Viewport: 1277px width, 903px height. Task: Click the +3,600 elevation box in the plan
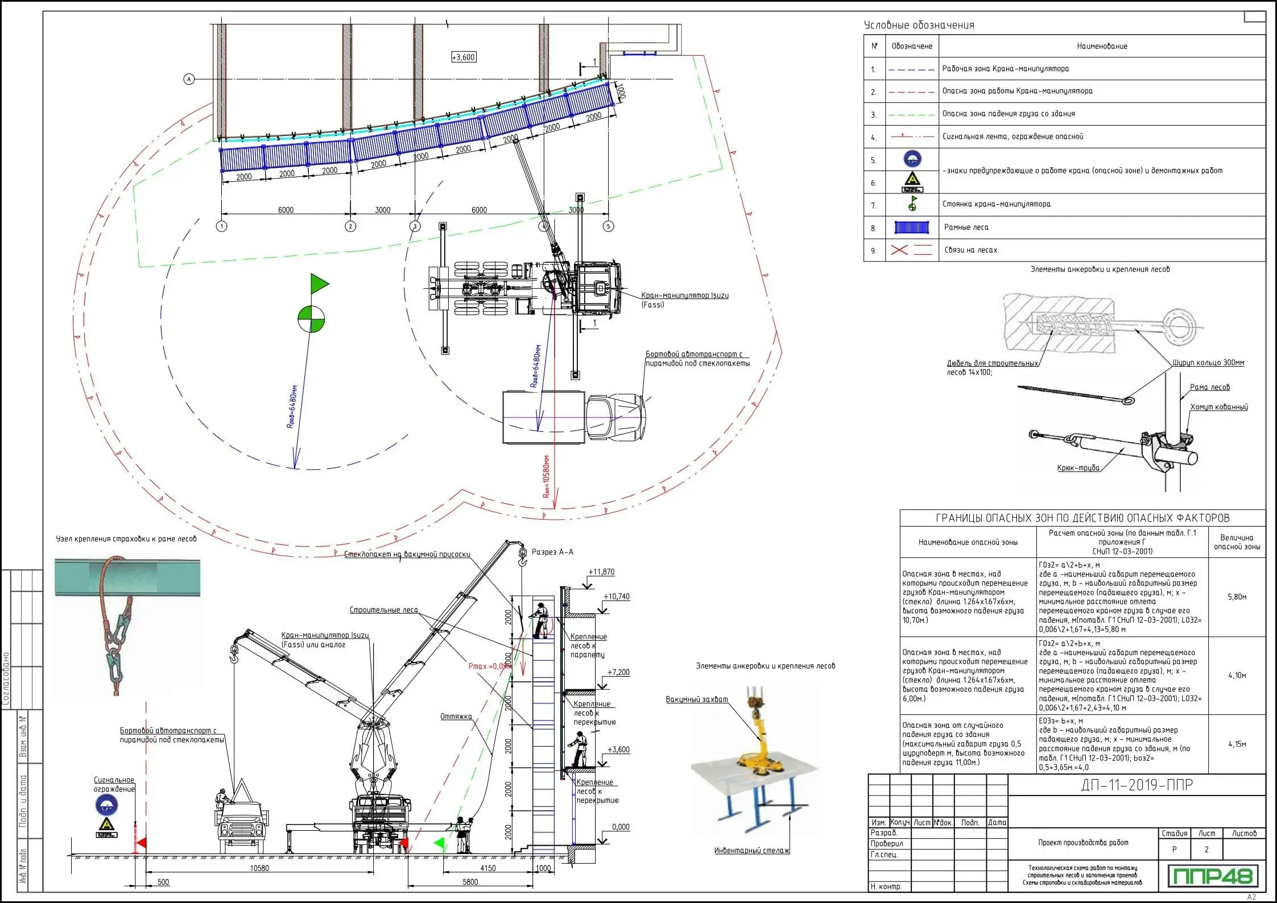click(464, 57)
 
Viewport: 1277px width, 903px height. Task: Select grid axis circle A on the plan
click(189, 80)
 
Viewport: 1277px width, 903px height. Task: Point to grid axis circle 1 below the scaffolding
click(222, 226)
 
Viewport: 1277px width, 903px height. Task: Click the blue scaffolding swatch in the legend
click(912, 227)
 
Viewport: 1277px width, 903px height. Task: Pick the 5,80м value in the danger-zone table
click(1237, 597)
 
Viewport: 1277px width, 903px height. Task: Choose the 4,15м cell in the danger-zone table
click(1237, 744)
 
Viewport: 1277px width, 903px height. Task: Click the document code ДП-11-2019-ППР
click(1137, 785)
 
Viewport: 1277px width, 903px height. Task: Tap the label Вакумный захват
click(697, 699)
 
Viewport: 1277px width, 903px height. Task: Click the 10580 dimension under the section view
click(259, 868)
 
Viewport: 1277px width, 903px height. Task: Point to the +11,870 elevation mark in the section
click(601, 572)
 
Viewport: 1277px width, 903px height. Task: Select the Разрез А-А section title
click(552, 552)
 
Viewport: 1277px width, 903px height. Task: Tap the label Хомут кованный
click(1219, 407)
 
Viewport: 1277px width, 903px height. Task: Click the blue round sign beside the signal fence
click(106, 805)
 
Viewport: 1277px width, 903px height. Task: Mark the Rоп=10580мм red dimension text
click(547, 477)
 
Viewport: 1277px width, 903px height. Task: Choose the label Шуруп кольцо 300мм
click(1208, 363)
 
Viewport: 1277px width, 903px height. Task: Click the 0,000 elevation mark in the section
click(621, 827)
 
